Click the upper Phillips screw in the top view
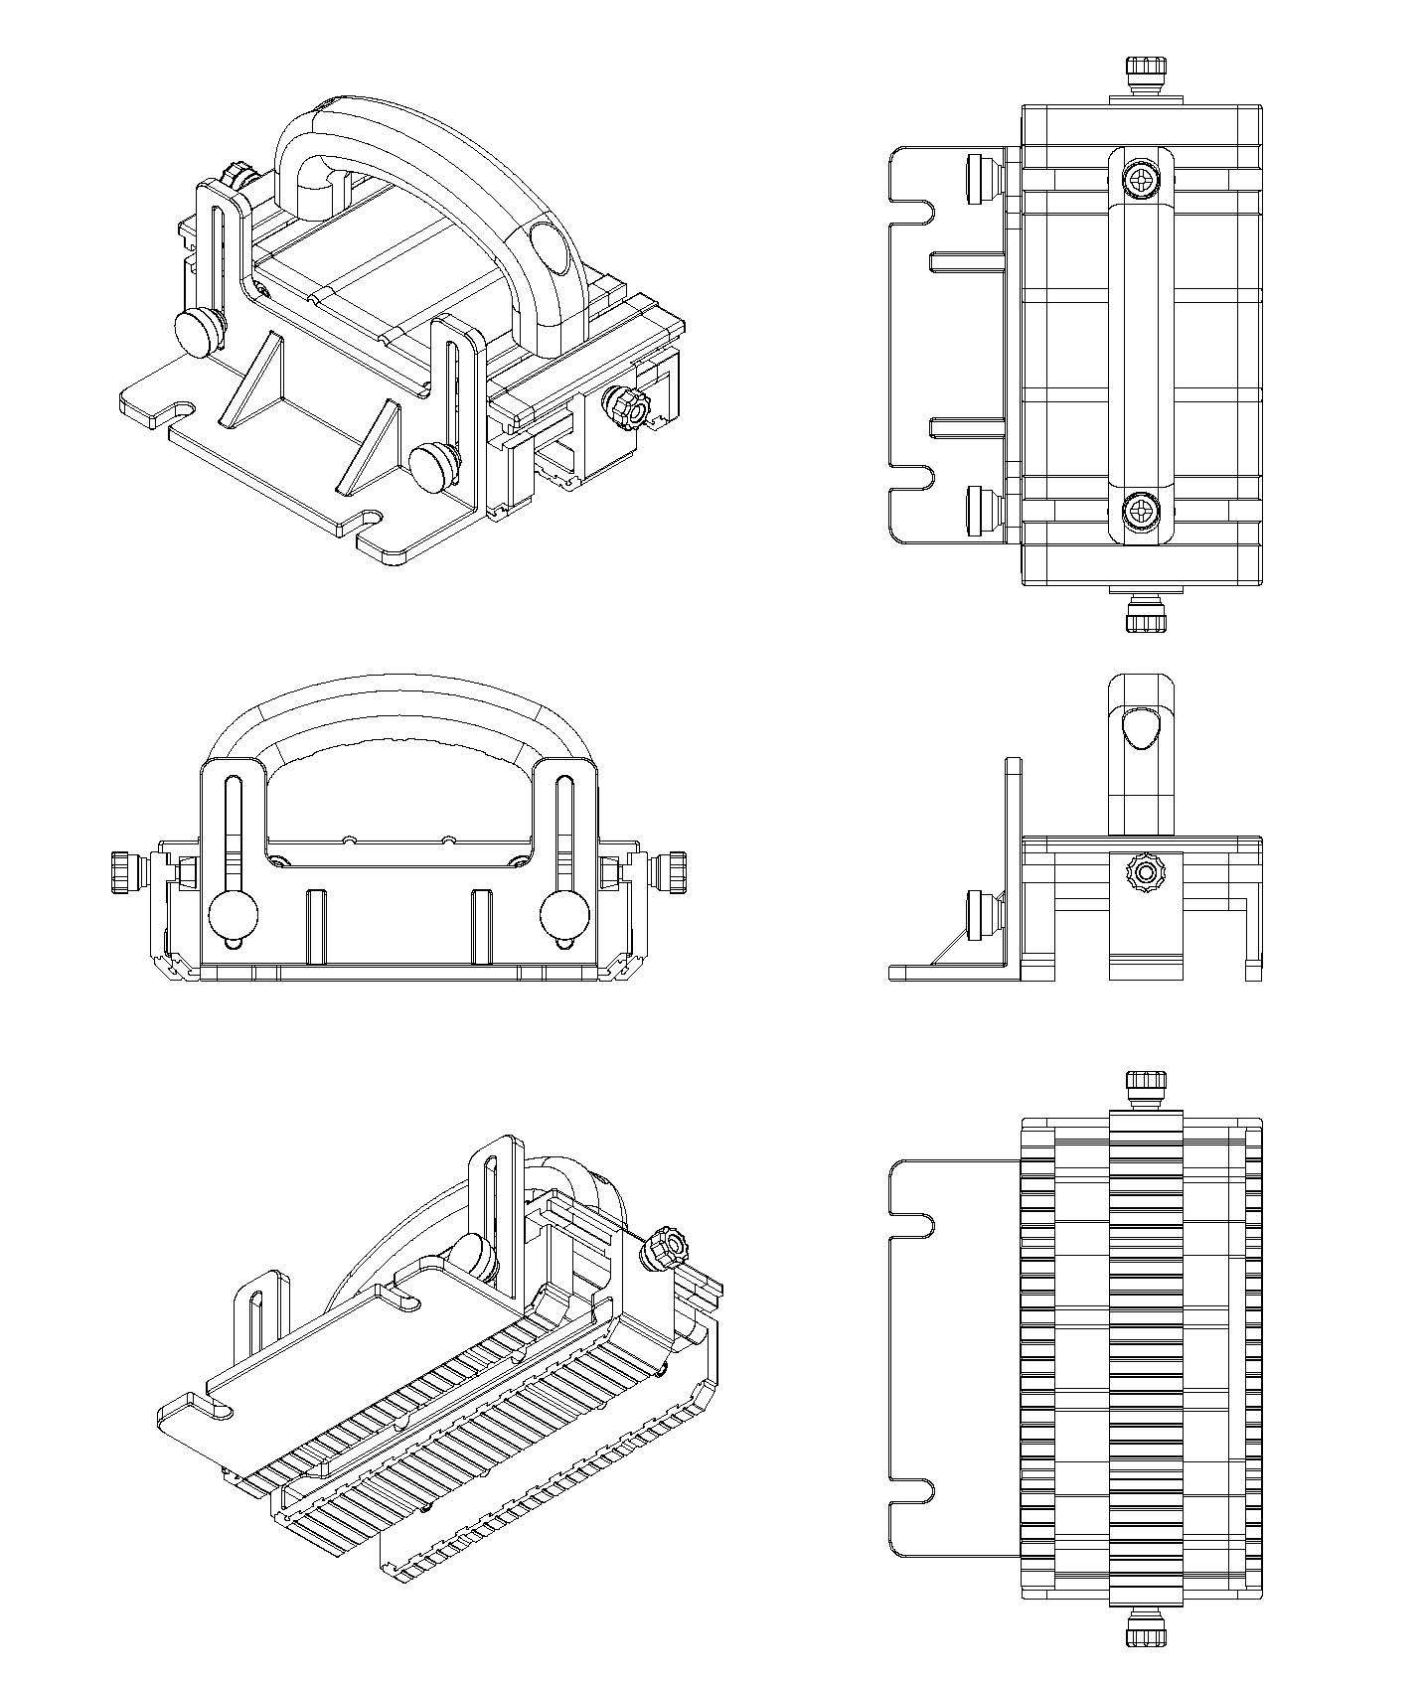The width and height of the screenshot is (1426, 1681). coord(1142,181)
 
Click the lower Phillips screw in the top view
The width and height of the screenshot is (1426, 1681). coord(1142,512)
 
